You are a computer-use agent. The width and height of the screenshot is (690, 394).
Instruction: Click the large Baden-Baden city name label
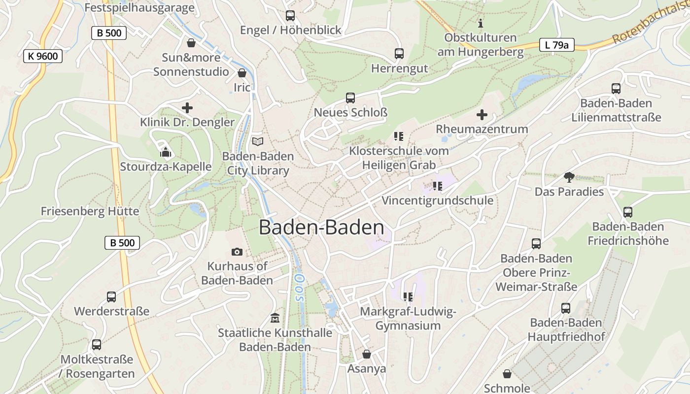(x=321, y=228)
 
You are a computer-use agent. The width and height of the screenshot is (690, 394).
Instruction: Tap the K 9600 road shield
(x=43, y=56)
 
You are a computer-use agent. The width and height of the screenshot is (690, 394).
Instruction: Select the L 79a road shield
(x=556, y=45)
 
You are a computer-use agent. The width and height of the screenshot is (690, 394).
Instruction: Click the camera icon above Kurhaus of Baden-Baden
(x=237, y=252)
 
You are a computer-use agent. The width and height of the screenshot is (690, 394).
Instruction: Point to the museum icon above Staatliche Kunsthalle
(x=275, y=318)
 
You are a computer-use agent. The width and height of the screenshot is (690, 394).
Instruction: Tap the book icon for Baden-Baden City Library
(x=258, y=141)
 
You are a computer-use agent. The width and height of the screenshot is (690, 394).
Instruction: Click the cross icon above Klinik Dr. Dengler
(x=187, y=108)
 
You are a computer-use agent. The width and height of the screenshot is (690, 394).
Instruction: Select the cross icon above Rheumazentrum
(x=482, y=115)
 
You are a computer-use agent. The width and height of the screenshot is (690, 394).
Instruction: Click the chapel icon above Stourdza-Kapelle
(x=166, y=152)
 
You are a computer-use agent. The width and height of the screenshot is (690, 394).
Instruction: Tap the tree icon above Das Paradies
(x=569, y=177)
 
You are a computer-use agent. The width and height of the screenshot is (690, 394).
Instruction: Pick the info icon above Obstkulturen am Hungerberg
(x=481, y=23)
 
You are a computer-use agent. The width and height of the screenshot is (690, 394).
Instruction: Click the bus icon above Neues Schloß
(x=350, y=98)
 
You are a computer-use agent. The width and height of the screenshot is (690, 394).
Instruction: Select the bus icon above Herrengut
(x=399, y=54)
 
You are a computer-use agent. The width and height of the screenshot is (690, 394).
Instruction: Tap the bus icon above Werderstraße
(x=111, y=297)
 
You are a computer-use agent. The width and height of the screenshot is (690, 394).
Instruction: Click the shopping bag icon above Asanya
(x=367, y=354)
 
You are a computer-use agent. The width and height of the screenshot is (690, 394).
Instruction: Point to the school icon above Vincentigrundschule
(x=437, y=186)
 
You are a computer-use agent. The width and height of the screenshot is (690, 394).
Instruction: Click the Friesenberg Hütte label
(x=90, y=211)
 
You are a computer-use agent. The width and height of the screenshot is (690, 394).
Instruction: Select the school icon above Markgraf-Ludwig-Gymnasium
(x=408, y=296)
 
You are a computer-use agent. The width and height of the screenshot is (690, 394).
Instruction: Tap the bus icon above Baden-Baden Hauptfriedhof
(x=566, y=308)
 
